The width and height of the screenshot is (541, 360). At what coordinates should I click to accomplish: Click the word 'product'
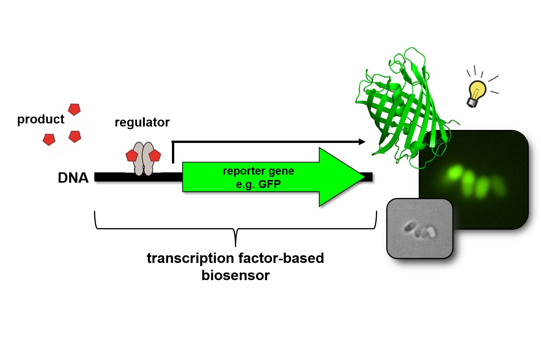pyautogui.click(x=40, y=119)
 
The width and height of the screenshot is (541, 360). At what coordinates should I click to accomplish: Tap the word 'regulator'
pyautogui.click(x=142, y=122)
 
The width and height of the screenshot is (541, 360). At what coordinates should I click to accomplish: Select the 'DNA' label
pyautogui.click(x=73, y=178)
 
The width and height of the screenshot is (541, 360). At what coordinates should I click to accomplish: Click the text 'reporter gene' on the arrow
pyautogui.click(x=258, y=171)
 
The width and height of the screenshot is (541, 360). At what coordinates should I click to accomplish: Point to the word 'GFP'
pyautogui.click(x=269, y=184)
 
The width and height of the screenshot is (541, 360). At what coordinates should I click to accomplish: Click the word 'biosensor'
pyautogui.click(x=235, y=275)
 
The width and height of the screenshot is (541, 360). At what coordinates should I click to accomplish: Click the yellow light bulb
pyautogui.click(x=477, y=91)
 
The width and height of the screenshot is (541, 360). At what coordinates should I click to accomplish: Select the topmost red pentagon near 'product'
pyautogui.click(x=74, y=109)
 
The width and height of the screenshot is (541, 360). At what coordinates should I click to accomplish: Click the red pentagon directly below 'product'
pyautogui.click(x=49, y=139)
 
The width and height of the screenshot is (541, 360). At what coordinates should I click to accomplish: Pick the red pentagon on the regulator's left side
pyautogui.click(x=132, y=156)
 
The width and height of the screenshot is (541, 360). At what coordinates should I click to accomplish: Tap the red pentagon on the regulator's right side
pyautogui.click(x=155, y=156)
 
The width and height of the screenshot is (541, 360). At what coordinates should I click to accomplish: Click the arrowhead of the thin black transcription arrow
pyautogui.click(x=362, y=142)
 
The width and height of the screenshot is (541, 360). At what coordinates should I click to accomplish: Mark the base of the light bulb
pyautogui.click(x=472, y=102)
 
